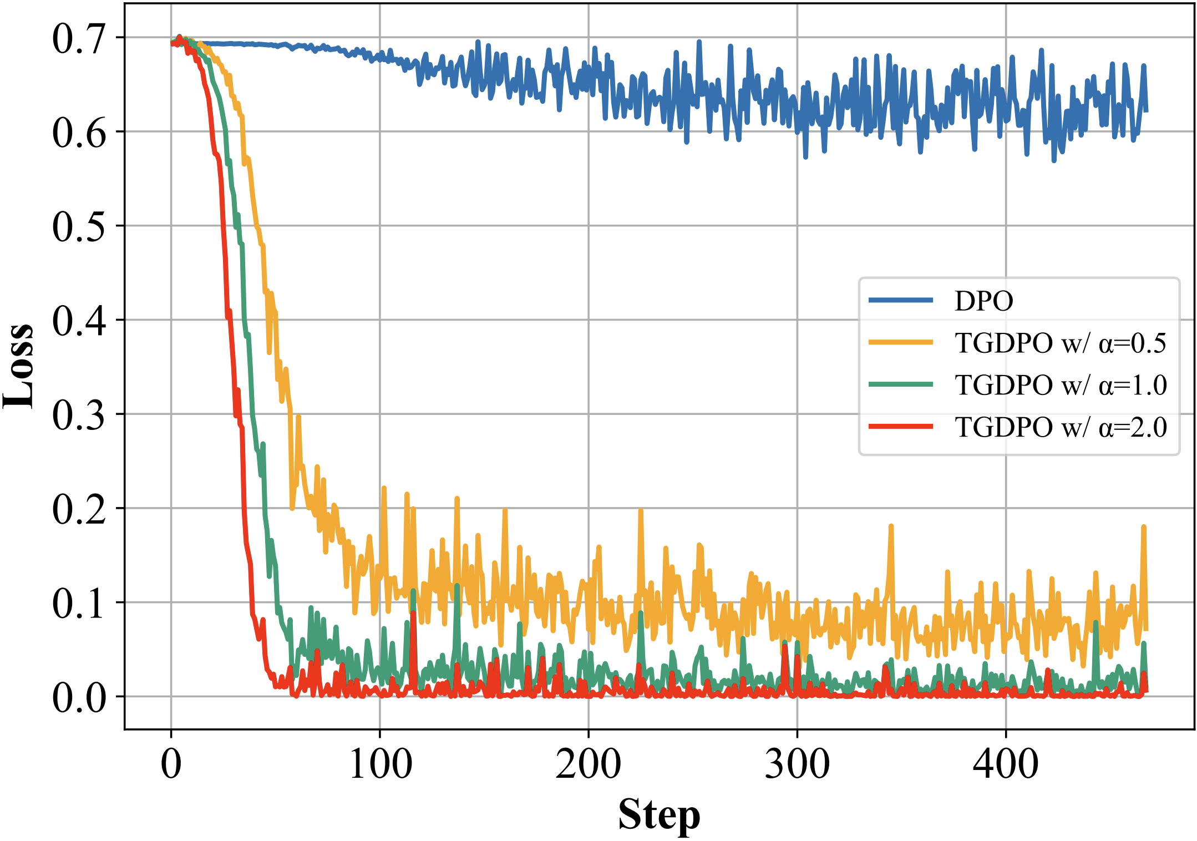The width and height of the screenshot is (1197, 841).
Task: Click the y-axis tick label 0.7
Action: [78, 39]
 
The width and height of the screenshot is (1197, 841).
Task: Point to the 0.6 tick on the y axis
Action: [78, 133]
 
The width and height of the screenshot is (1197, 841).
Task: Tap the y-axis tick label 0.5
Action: [78, 227]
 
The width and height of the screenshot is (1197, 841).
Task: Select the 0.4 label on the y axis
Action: [78, 321]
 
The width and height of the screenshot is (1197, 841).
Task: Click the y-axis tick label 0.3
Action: [78, 416]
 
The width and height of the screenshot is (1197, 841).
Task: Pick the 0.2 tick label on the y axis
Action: [78, 509]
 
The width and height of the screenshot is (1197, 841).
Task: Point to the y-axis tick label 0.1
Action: [78, 604]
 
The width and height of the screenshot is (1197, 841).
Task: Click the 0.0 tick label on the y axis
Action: [78, 698]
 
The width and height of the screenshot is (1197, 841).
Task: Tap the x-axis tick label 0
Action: [171, 764]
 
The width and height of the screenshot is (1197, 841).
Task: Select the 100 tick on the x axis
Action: [380, 764]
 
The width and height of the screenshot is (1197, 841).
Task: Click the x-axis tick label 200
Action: [589, 764]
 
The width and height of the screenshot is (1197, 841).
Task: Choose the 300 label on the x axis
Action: [797, 764]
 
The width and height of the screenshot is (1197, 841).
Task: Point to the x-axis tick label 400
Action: [1006, 764]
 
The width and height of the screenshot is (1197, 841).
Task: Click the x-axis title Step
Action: [659, 815]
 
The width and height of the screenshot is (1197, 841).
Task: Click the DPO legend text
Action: [983, 301]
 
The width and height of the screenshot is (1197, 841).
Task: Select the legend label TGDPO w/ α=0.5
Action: [1060, 343]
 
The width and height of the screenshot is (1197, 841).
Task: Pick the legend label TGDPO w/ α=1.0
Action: [1060, 385]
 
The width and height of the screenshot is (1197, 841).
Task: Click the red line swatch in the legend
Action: [901, 427]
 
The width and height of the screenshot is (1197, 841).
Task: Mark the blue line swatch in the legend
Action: [901, 300]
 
